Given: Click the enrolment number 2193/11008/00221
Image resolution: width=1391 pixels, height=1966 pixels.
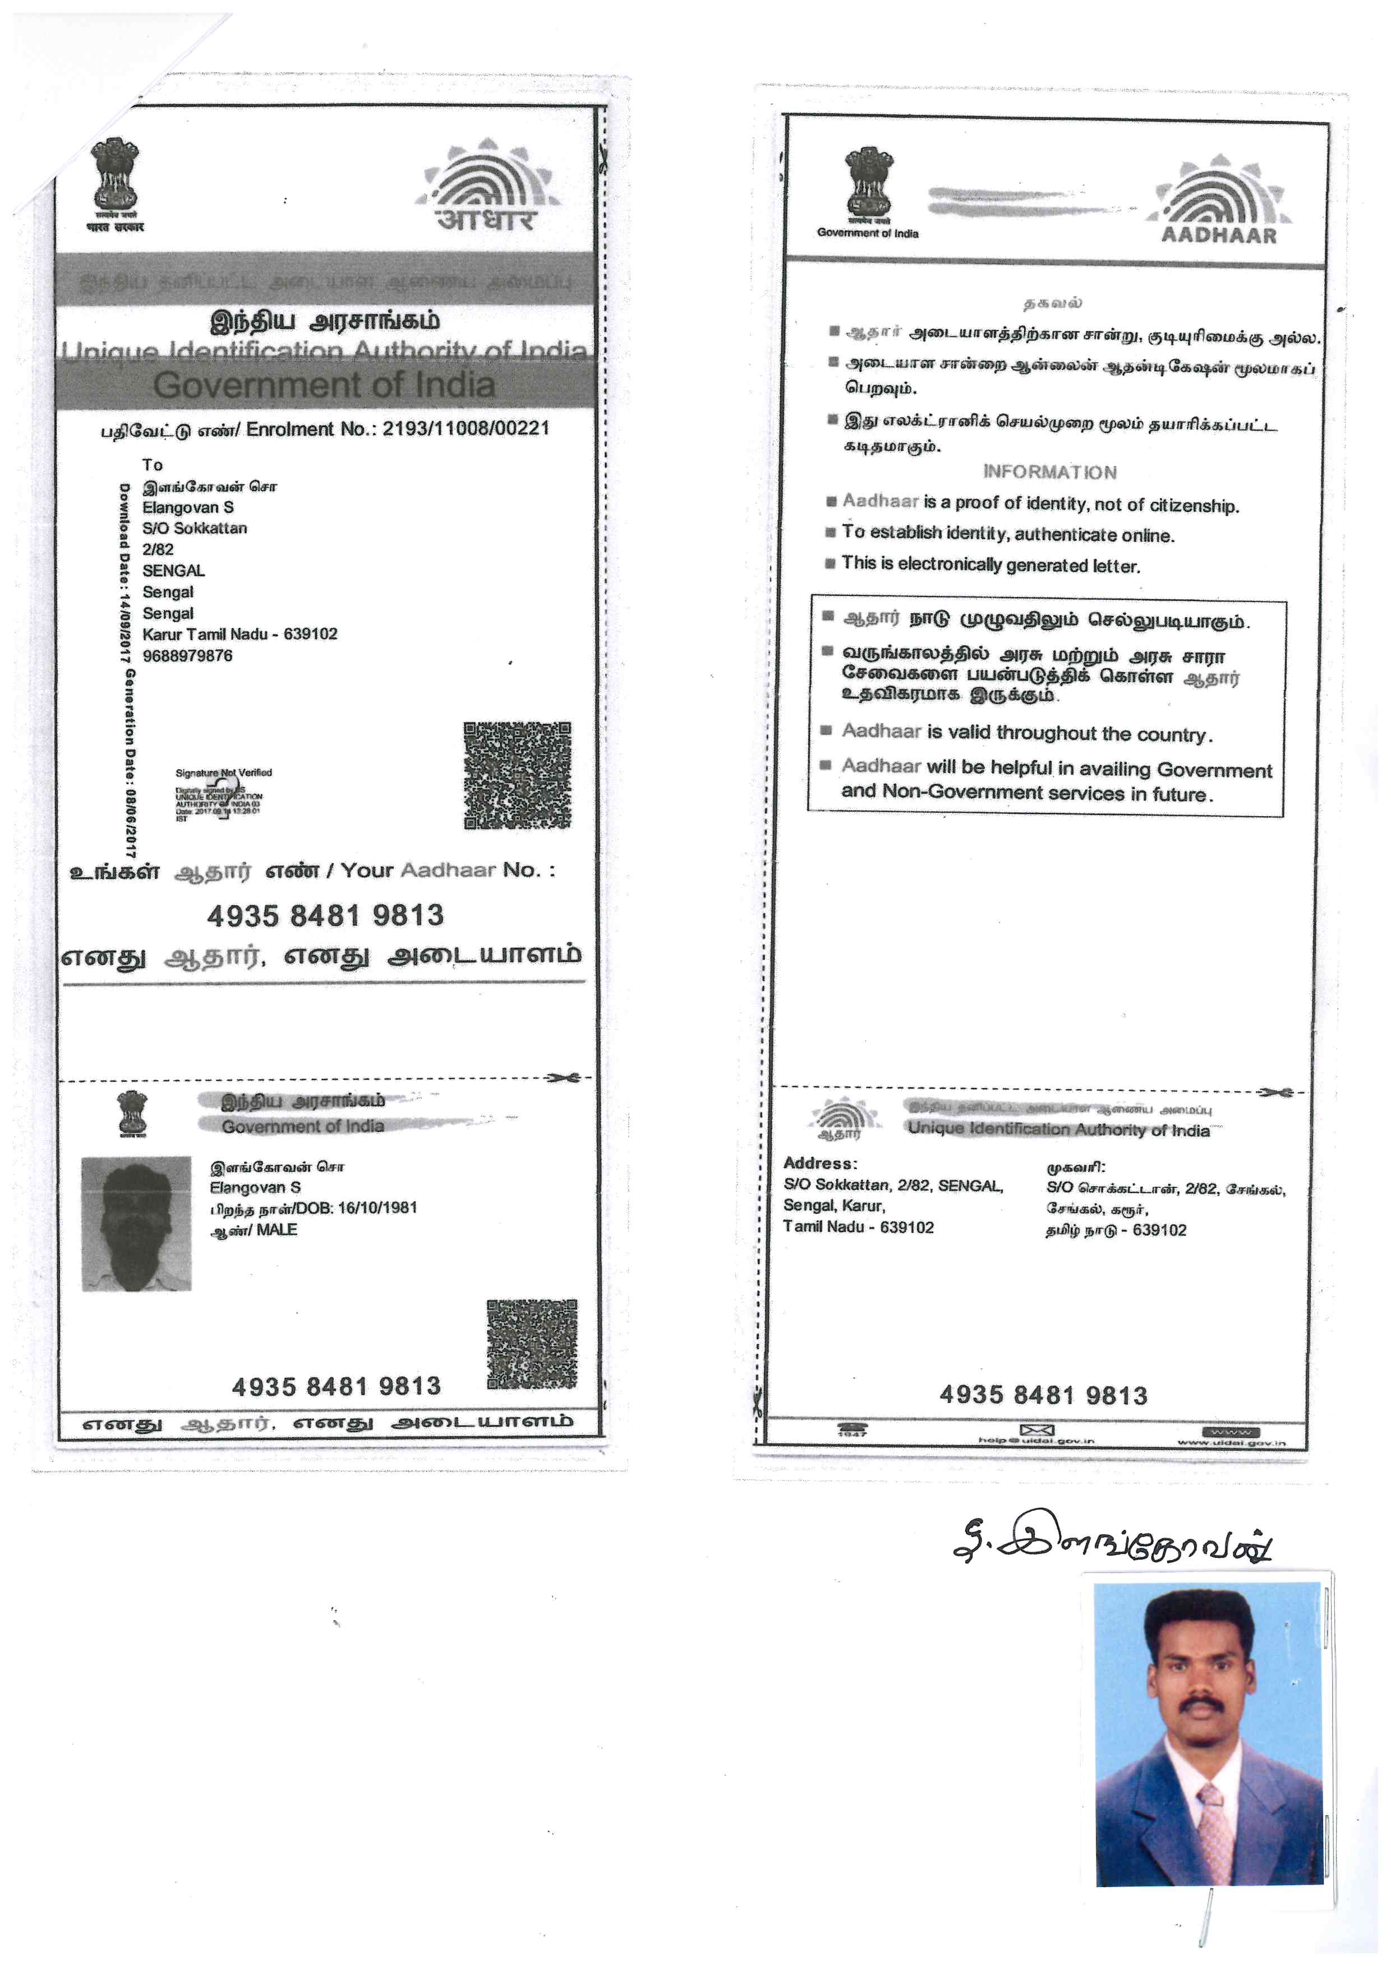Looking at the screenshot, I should click(465, 428).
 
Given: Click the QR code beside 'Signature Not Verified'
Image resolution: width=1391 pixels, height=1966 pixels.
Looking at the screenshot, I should click(517, 776).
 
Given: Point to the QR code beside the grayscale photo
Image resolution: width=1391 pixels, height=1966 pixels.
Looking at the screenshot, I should click(532, 1344).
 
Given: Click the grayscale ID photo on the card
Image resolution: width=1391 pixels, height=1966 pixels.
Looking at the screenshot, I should click(136, 1224).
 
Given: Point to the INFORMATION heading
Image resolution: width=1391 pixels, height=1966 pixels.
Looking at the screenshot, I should click(1049, 472).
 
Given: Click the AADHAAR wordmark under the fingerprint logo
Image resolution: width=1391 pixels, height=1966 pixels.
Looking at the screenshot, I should click(1218, 235).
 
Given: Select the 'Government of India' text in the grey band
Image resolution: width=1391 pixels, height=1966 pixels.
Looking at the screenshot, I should click(324, 385).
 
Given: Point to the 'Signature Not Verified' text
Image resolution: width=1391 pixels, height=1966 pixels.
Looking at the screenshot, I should click(224, 772).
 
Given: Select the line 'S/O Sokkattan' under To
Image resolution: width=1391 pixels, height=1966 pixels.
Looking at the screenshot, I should click(195, 528).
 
